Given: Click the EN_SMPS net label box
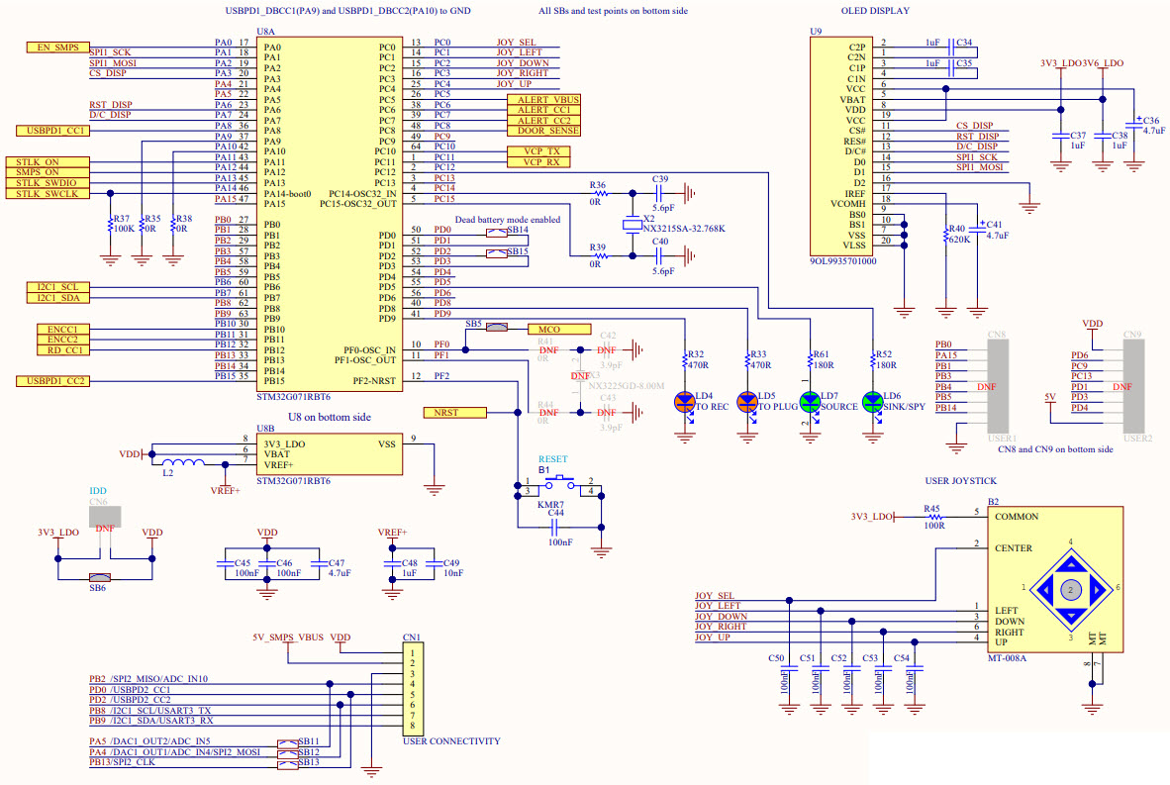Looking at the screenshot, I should (x=56, y=48).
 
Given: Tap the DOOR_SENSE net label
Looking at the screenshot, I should (x=542, y=131).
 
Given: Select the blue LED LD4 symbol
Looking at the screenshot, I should (x=685, y=402).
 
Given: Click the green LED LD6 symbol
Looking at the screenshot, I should (x=872, y=402).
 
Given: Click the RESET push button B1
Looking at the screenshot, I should (x=559, y=483).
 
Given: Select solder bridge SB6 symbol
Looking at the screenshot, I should (x=97, y=577).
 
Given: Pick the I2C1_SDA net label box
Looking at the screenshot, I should (x=56, y=297).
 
